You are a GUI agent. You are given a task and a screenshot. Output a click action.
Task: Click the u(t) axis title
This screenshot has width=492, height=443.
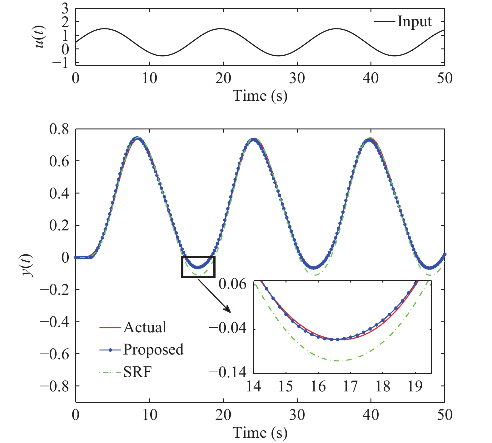pos(40,37)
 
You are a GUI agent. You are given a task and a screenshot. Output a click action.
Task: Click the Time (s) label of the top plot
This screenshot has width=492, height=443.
pos(260,96)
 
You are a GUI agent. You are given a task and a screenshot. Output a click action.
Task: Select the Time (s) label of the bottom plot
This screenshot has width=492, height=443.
pos(260,433)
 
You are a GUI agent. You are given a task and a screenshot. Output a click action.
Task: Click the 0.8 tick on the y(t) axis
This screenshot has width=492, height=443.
pos(59,129)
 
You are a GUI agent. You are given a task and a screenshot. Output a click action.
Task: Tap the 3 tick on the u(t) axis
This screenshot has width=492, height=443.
pos(65,8)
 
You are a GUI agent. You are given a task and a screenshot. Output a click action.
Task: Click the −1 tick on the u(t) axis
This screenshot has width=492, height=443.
pos(60,63)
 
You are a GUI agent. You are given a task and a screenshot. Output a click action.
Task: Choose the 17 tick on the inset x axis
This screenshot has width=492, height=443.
pos(350,386)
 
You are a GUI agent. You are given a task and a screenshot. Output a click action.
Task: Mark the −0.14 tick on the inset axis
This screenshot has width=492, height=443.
pos(228,372)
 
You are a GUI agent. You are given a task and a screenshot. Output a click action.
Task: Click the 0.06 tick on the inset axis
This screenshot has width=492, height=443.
pos(232,284)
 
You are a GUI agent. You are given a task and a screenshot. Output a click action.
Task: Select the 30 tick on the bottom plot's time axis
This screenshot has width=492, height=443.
pos(297,415)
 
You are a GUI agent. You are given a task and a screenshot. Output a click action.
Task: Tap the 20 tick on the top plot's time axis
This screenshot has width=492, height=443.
pos(223,78)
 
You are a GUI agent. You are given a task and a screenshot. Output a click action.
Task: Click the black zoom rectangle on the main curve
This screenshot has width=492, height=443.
pos(198,266)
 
